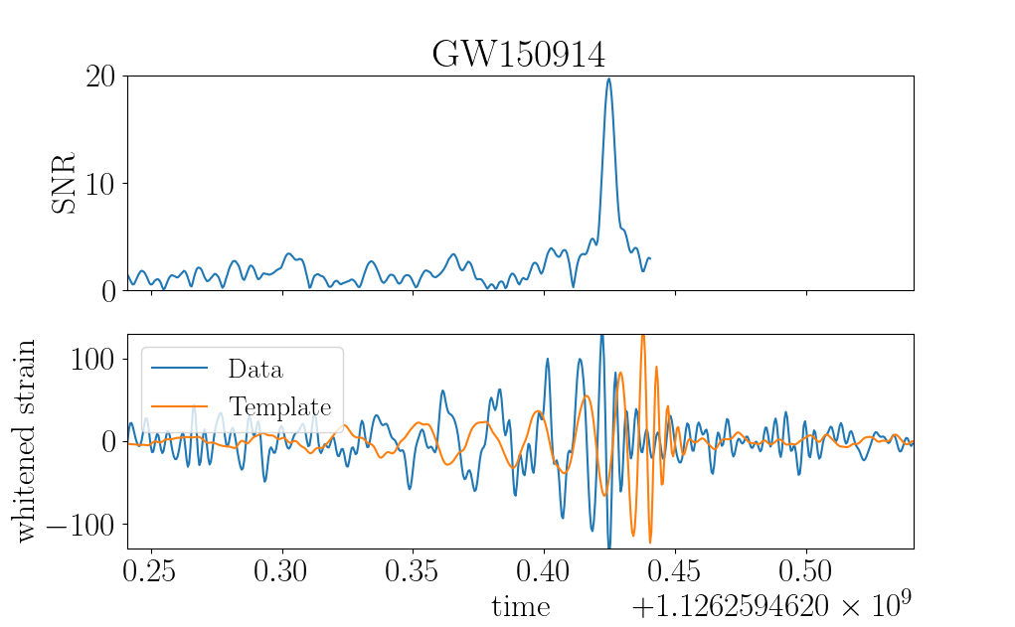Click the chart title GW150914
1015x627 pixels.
click(x=519, y=54)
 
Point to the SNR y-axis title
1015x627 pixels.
click(x=64, y=183)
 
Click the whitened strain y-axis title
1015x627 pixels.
click(x=23, y=440)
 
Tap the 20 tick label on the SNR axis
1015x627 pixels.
click(x=100, y=77)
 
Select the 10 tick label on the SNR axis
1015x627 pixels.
click(x=100, y=185)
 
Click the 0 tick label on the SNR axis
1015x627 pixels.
click(x=108, y=292)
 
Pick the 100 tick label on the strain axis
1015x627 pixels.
click(x=93, y=359)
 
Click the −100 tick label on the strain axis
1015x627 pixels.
click(x=81, y=524)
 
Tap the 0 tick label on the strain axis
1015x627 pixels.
click(x=108, y=442)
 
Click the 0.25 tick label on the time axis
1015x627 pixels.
click(x=149, y=570)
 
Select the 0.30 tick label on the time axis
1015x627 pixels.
click(x=280, y=570)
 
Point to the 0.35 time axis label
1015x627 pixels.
click(x=412, y=570)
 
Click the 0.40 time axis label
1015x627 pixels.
click(x=543, y=570)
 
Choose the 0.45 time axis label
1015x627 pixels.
click(x=674, y=570)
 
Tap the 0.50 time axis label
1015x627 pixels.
click(x=805, y=570)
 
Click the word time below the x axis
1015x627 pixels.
click(x=521, y=607)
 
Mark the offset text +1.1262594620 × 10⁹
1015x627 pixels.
click(x=771, y=604)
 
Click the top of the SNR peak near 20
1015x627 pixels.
click(x=608, y=78)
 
